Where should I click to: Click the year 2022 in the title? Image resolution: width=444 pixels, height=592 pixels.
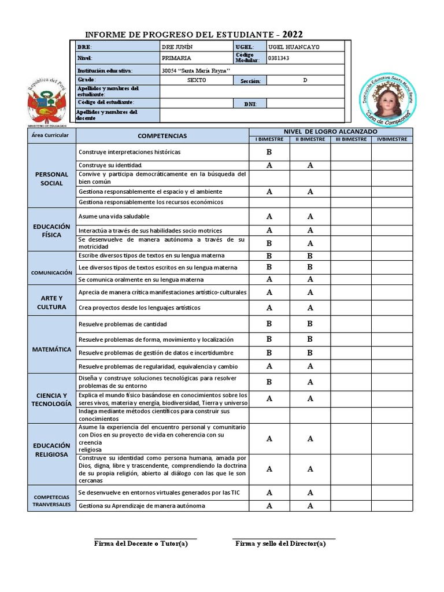293,34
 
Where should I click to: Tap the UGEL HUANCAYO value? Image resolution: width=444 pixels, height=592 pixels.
293,47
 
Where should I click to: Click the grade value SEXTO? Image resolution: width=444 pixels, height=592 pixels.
196,80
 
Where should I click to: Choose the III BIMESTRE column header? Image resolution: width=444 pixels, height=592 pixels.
351,139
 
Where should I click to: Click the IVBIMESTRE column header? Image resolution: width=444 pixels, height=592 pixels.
391,139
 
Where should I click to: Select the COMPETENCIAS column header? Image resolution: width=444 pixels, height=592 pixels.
162,136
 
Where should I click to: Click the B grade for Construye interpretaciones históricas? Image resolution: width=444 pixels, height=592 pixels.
269,152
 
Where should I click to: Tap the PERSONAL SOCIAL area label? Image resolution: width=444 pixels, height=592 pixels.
51,178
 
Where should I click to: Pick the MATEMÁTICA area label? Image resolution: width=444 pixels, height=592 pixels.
51,350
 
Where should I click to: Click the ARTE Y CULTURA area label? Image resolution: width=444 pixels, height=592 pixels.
51,302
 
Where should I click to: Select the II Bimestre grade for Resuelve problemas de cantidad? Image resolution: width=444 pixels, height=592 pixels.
310,324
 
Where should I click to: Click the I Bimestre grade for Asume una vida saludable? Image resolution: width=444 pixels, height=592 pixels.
269,216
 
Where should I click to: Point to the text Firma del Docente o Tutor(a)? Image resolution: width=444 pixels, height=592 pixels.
141,543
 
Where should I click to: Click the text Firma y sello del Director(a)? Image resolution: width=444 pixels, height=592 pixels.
280,543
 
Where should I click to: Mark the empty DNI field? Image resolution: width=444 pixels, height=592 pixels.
305,103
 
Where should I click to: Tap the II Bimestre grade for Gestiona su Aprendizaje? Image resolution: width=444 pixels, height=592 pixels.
310,506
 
